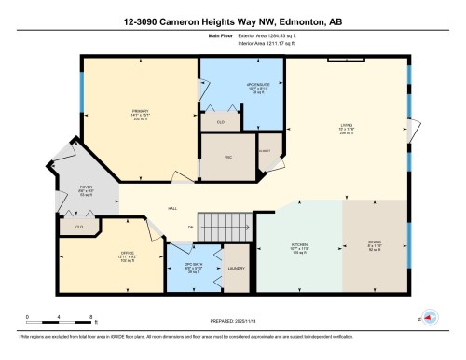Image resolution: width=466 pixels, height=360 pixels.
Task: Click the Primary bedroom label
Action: [x=140, y=115]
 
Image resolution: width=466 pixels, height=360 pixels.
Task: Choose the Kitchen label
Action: [x=298, y=249]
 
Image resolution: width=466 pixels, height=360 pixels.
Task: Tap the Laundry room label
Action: [x=237, y=270]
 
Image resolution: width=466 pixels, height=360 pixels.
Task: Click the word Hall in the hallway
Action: [x=171, y=209]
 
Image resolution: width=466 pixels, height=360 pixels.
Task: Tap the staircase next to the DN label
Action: [x=226, y=224]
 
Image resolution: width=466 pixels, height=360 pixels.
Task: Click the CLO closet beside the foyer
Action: [x=79, y=227]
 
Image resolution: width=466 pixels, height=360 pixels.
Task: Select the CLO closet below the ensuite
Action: [x=221, y=122]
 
